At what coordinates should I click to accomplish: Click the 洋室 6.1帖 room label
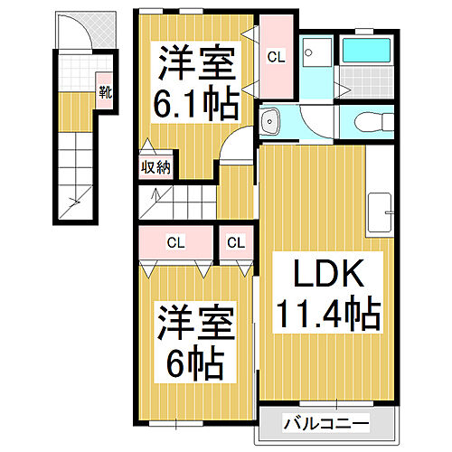click(196, 82)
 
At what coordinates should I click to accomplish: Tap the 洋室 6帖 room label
click(196, 342)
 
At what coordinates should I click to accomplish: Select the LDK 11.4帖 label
click(328, 293)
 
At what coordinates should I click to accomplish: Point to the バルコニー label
click(326, 424)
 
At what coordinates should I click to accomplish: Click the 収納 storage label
click(155, 167)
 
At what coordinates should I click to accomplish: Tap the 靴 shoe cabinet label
click(105, 92)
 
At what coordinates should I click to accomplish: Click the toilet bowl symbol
click(374, 122)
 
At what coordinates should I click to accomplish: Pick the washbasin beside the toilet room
click(270, 122)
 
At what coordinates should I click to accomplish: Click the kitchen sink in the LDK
click(380, 212)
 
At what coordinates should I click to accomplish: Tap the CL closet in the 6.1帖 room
click(276, 56)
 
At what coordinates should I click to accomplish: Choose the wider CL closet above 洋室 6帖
click(176, 242)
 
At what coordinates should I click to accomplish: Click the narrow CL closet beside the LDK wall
click(236, 242)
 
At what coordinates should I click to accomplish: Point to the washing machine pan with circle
click(316, 52)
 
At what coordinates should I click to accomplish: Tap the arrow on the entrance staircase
click(75, 202)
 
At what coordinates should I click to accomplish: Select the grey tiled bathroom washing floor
click(366, 82)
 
